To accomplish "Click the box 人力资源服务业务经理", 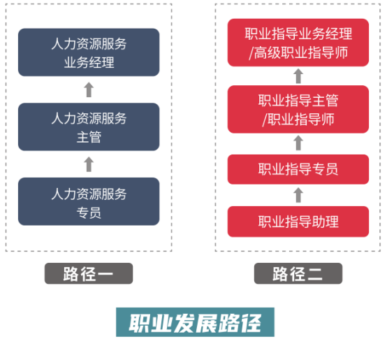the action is point(89,52).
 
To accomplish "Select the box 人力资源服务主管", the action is point(89,127).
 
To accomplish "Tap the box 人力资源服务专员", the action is point(89,201).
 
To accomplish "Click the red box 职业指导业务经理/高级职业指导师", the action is point(298,43).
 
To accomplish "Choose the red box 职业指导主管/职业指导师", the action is point(298,109).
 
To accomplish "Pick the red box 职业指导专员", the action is point(298,169).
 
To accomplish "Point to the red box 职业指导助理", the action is point(298,222).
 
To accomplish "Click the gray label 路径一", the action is point(89,273).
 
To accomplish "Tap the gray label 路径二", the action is point(298,273).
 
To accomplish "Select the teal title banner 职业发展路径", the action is point(195,322).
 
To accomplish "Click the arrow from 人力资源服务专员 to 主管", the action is point(89,164).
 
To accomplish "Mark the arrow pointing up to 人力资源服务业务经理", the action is point(89,89).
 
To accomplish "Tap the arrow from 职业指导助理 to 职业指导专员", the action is point(298,195).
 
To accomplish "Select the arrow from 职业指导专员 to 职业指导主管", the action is point(298,143).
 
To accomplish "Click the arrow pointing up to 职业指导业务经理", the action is point(298,76).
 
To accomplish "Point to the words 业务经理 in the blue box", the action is point(89,62).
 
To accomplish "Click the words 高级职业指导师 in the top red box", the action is point(301,52).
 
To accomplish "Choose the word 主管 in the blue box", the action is point(89,137).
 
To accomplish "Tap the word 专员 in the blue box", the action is point(89,213).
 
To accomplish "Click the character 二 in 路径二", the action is point(314,274).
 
